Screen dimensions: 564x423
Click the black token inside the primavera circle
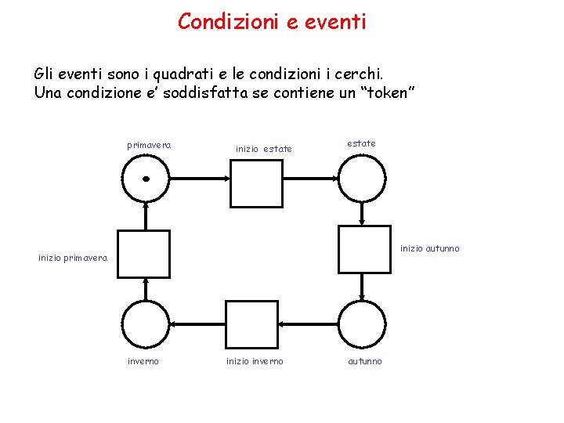[146, 179]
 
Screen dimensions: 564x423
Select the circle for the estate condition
[361, 178]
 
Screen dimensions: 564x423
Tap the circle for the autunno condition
[361, 324]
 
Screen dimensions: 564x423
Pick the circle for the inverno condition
[146, 324]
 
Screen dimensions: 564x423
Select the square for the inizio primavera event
[143, 254]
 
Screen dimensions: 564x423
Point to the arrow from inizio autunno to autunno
[361, 286]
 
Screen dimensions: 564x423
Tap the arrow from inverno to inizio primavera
[146, 289]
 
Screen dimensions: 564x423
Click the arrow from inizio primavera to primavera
[146, 215]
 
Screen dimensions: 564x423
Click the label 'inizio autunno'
[430, 249]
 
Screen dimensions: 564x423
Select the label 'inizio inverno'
[255, 361]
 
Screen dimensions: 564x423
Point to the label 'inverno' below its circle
[143, 361]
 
